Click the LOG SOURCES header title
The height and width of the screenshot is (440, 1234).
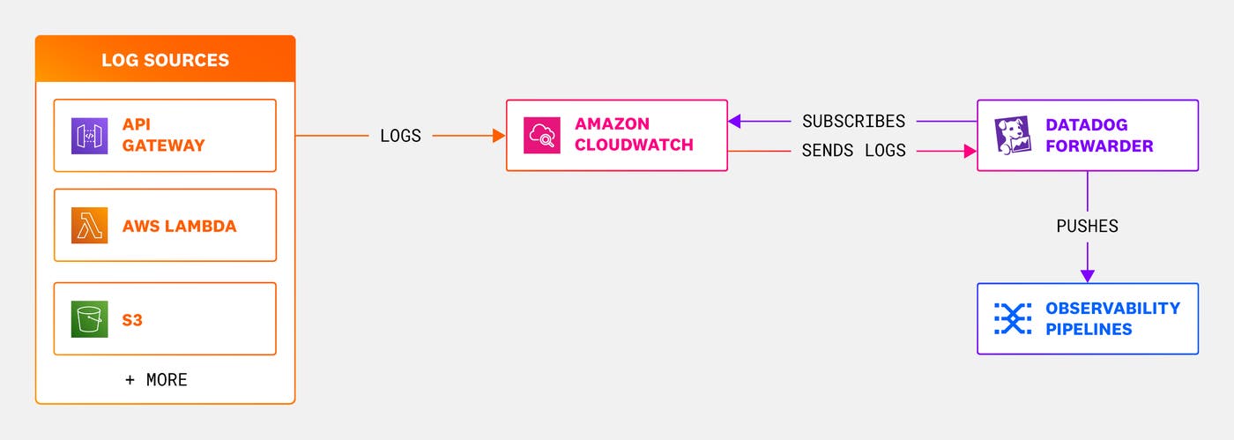[165, 60]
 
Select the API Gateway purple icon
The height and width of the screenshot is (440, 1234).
[90, 136]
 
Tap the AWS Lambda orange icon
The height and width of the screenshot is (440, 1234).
[90, 226]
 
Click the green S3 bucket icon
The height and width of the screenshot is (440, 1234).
[90, 319]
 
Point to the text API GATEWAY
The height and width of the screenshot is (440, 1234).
[163, 135]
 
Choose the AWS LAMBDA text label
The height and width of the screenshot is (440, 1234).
[179, 226]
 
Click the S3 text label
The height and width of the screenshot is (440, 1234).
[132, 319]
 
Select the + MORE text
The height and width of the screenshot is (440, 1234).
[156, 380]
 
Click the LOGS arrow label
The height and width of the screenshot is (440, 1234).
[400, 136]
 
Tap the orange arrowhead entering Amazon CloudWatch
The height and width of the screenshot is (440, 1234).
[498, 136]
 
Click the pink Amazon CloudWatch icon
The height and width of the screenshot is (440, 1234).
[541, 136]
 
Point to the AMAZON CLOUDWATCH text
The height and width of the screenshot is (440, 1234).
[634, 135]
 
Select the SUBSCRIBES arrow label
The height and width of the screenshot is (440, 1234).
[853, 121]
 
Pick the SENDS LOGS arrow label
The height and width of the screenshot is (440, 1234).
[853, 151]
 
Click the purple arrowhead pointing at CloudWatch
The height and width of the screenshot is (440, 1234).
[734, 121]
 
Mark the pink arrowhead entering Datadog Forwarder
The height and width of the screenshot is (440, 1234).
[970, 151]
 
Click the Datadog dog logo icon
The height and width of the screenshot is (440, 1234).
[1013, 136]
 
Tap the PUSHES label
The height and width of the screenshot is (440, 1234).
[1087, 227]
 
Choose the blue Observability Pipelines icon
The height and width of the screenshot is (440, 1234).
[1013, 318]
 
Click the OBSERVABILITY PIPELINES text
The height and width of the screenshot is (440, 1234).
[1112, 318]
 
